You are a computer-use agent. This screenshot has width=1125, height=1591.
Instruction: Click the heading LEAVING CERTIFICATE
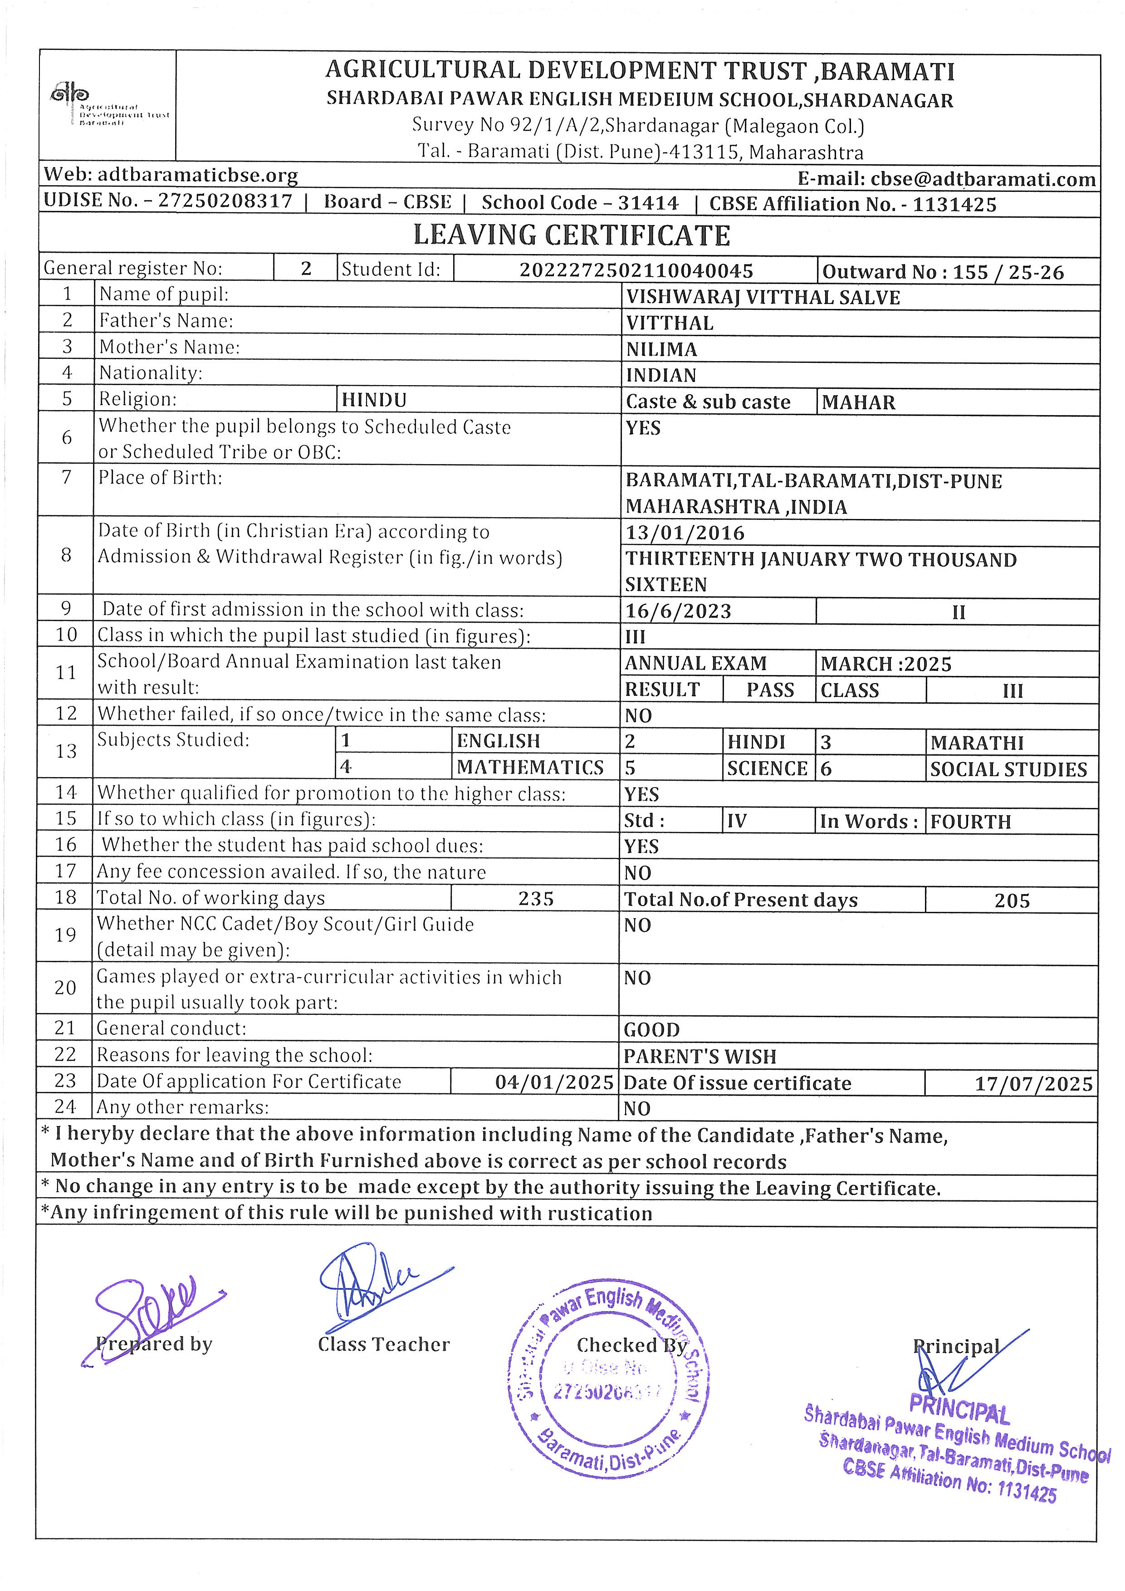tap(572, 235)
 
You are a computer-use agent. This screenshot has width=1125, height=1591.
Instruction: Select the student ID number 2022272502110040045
tap(636, 270)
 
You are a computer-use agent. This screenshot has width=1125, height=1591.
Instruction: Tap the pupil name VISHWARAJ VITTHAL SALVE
tap(763, 297)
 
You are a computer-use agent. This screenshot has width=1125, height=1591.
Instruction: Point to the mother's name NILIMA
tap(661, 349)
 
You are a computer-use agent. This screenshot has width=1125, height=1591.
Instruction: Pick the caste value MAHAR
tap(858, 402)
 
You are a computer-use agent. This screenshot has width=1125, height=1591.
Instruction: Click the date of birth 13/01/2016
tap(685, 533)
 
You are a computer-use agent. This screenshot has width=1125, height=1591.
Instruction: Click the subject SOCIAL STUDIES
tap(1008, 769)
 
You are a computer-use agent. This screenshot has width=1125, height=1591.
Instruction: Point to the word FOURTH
tap(970, 822)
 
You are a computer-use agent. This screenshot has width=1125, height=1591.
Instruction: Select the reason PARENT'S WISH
tap(699, 1057)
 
